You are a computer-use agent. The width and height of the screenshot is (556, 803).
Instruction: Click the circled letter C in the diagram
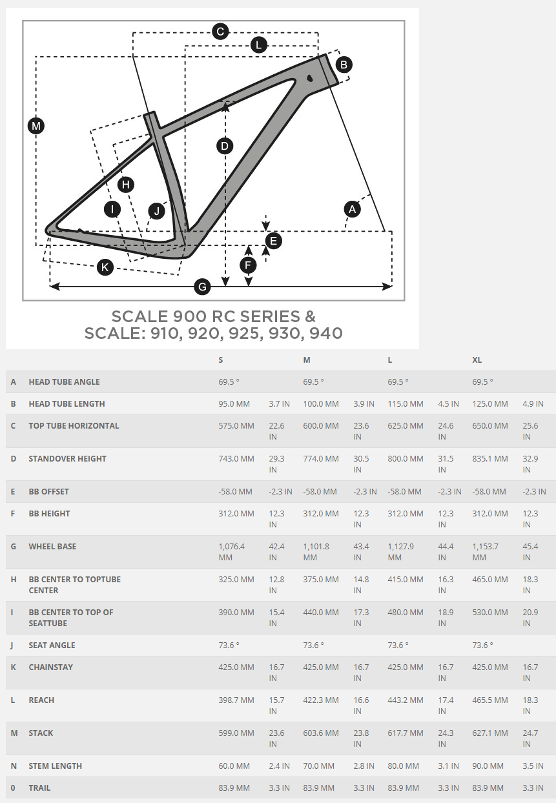[x=220, y=32]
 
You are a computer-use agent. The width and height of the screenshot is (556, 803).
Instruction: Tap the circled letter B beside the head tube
[x=344, y=65]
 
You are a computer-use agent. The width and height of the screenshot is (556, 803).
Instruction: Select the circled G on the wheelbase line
[x=202, y=287]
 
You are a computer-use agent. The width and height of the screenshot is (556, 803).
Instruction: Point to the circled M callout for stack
[x=36, y=126]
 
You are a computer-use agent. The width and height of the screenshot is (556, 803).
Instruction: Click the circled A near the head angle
[x=352, y=209]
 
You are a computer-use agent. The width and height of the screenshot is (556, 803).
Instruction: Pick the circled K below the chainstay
[x=105, y=267]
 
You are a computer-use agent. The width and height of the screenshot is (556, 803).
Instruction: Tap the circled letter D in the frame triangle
[x=225, y=146]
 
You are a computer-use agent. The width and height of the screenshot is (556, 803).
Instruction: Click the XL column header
[x=477, y=360]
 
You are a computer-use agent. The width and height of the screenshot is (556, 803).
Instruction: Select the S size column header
[x=221, y=360]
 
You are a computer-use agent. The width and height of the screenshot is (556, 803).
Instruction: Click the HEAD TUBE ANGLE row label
[x=64, y=381]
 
